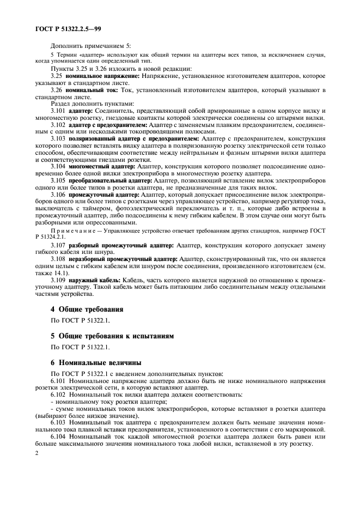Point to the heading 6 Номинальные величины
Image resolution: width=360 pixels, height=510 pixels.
tap(95, 363)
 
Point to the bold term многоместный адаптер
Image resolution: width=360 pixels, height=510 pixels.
tap(98, 166)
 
